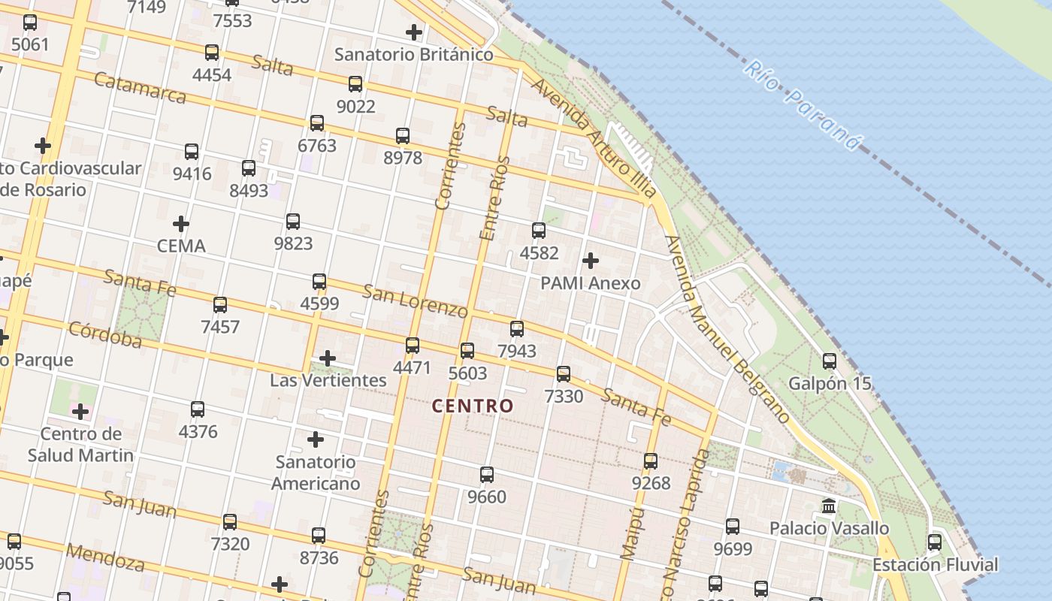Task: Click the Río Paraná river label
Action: pos(803,106)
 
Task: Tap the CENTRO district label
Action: pos(473,406)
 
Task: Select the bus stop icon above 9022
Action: pos(355,84)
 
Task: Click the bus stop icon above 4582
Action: pos(539,231)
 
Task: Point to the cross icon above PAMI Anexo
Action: pos(591,261)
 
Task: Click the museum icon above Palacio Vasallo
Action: pos(829,506)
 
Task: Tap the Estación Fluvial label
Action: pos(935,564)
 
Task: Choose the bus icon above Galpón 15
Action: pos(830,361)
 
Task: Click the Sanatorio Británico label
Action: pos(414,54)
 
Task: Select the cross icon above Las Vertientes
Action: pos(328,358)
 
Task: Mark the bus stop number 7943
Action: pos(517,351)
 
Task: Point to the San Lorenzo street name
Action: pos(415,300)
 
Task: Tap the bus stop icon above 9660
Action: pos(487,475)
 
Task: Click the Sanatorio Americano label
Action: pos(316,473)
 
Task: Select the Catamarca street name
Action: pos(141,88)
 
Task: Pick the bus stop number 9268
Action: pos(651,483)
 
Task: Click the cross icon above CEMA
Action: pos(181,224)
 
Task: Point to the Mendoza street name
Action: pos(105,557)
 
